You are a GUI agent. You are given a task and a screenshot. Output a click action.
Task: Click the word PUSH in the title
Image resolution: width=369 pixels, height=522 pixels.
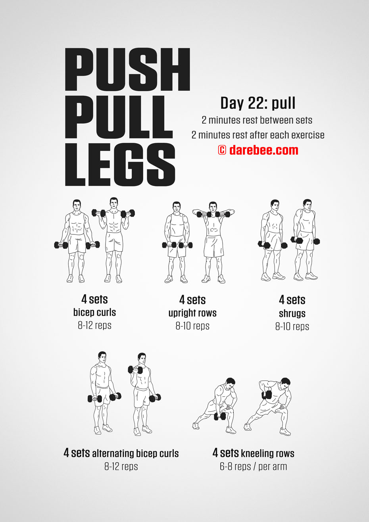tap(127, 69)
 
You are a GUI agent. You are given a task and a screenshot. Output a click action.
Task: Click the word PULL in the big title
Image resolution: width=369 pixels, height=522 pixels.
tap(119, 117)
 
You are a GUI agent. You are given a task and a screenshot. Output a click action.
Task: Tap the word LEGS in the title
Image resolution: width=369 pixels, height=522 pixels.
tap(120, 165)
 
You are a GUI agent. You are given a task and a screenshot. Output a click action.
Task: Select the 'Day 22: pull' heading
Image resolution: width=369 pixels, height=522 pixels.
tap(258, 103)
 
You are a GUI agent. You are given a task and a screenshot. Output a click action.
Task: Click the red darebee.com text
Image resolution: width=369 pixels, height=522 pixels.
tap(263, 150)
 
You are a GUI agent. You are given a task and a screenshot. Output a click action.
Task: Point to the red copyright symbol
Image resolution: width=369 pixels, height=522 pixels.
tap(222, 150)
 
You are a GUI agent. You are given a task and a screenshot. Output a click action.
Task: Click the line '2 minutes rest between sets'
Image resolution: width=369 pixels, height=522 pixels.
tap(257, 120)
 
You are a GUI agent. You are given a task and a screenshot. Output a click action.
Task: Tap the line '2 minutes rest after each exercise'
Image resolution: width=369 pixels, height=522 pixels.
tap(258, 135)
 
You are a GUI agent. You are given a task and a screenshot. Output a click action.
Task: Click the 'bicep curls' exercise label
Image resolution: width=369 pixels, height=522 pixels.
tap(95, 313)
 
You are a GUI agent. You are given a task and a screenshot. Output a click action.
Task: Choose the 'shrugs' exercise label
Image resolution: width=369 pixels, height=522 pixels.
tap(292, 313)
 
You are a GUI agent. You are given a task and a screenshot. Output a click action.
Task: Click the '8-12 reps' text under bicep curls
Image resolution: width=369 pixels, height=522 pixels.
tap(95, 326)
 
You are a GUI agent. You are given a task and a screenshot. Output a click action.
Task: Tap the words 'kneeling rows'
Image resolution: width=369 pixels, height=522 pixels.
tap(267, 453)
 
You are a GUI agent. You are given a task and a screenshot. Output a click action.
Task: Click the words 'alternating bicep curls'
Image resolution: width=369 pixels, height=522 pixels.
tap(135, 453)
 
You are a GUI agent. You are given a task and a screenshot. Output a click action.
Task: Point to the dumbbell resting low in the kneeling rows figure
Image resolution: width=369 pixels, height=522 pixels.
tap(220, 416)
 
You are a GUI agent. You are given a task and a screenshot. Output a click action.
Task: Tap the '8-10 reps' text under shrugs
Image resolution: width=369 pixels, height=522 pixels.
tap(292, 326)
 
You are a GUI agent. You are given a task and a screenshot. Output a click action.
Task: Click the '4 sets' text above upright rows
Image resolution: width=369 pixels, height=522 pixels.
tap(192, 300)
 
